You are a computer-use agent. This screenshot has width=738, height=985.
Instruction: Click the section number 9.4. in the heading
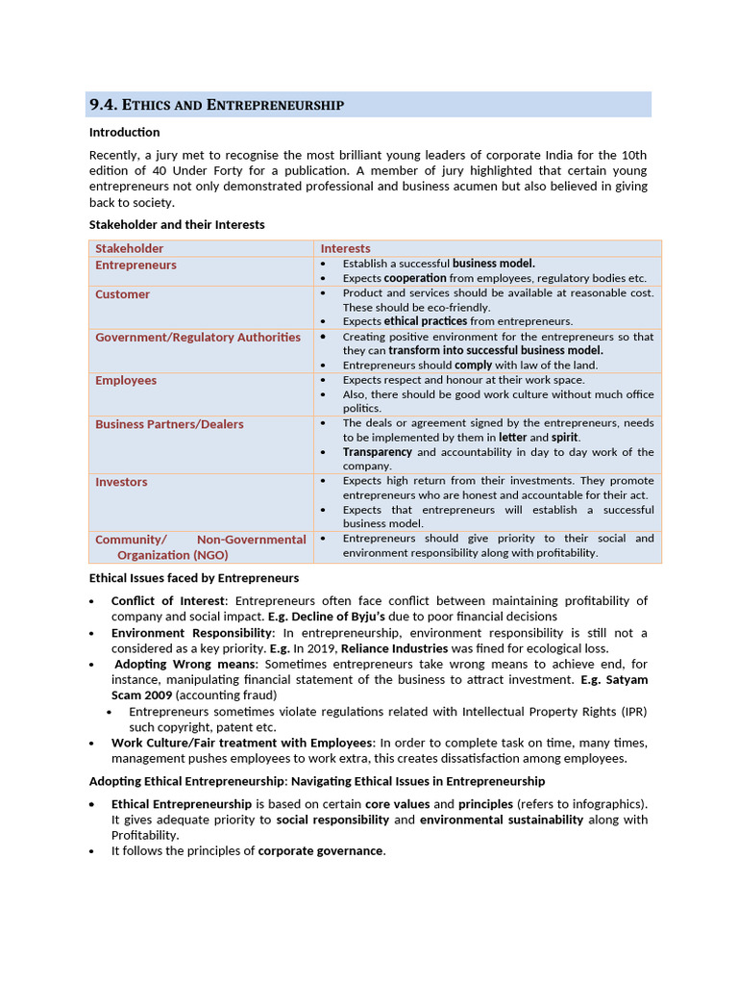104,105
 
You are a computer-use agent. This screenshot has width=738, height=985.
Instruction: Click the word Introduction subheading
125,132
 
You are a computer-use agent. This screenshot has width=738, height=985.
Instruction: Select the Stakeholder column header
129,248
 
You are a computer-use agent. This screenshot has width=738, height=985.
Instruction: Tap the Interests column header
345,248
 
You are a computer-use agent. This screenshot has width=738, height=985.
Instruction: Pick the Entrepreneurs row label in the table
135,265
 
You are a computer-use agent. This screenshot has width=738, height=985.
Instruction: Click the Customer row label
122,294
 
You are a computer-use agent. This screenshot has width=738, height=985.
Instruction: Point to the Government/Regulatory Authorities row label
198,338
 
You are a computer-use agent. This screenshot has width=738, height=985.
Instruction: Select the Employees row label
125,381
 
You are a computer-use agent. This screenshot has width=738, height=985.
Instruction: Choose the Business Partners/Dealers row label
169,424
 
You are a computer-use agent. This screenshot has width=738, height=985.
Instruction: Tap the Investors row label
121,482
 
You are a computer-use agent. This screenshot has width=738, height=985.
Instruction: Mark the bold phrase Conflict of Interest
167,601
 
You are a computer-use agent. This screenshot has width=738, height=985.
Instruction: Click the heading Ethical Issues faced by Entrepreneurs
194,578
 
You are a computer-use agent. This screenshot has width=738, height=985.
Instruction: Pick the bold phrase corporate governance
320,850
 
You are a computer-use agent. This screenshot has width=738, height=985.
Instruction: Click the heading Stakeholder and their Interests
177,224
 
